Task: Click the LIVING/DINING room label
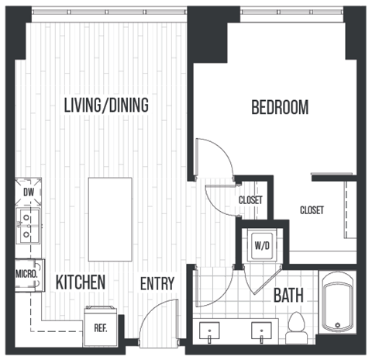coord(106,105)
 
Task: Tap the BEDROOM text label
coord(280,107)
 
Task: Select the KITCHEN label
coord(80,282)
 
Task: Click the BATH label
coord(288,295)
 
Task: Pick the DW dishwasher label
coord(29,191)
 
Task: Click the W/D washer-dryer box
coord(260,247)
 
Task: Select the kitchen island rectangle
coord(110,220)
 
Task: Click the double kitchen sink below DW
coord(27,224)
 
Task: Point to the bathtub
coord(338,303)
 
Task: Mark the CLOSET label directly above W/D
coord(250,200)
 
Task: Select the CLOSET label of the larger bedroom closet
coord(312,210)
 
